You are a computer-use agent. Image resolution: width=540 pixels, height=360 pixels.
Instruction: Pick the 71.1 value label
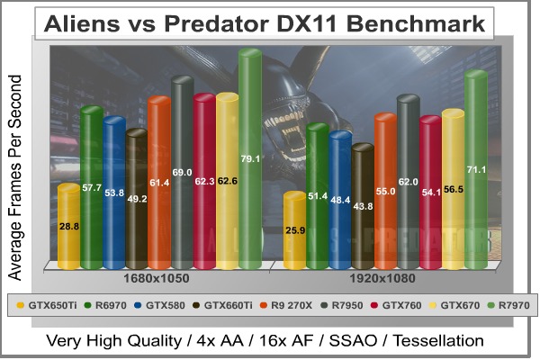coord(476,169)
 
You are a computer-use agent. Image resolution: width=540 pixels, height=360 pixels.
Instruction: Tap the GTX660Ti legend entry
coord(221,305)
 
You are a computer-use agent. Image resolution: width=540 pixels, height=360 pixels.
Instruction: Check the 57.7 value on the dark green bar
coord(92,189)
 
